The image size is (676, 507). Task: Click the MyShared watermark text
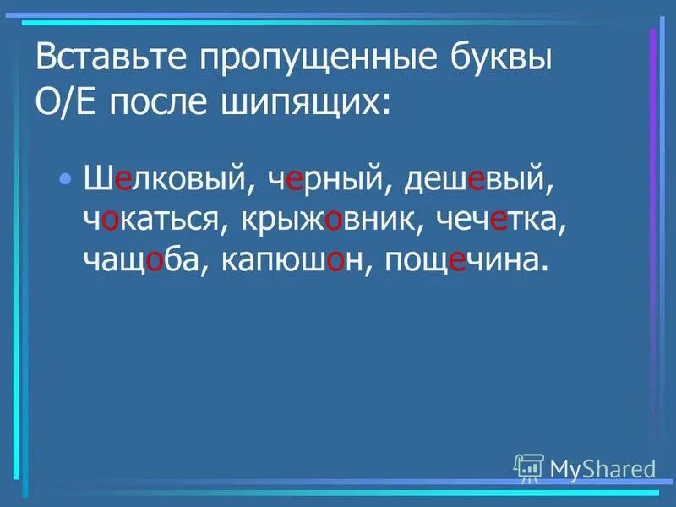pyautogui.click(x=602, y=468)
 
